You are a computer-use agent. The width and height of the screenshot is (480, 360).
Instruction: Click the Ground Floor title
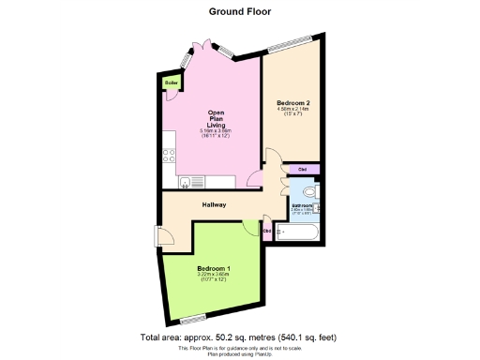[239, 12]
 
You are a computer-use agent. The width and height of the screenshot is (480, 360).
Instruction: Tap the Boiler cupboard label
[172, 83]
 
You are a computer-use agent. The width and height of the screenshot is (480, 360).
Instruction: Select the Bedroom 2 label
[292, 103]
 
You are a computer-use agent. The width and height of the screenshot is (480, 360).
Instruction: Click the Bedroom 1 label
[215, 268]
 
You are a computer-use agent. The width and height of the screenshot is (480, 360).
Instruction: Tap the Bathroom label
[302, 203]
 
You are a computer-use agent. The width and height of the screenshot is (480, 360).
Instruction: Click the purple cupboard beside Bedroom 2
[302, 169]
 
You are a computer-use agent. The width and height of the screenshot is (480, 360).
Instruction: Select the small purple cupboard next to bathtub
[267, 231]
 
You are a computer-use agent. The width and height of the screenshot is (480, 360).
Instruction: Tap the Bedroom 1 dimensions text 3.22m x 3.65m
[215, 275]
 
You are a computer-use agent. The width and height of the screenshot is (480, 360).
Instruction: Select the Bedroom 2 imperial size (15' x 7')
[292, 115]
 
